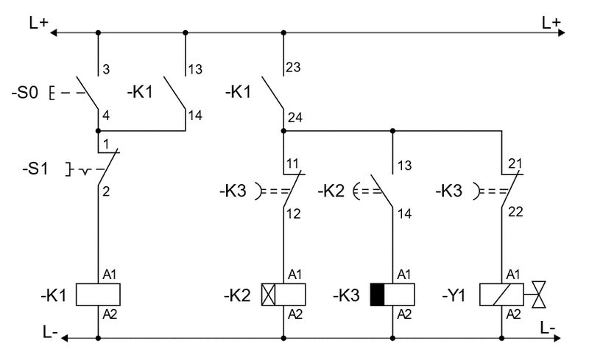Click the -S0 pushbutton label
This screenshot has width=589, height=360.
pos(25,92)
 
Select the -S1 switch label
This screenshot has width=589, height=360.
pos(35,169)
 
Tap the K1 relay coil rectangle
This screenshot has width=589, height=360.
pos(98,294)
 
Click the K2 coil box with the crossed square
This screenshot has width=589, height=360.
pos(283,294)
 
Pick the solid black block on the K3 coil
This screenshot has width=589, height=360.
pos(378,294)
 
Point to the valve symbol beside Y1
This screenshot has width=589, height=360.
pos(539,294)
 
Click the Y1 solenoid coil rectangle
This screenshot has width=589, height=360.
pos(501,294)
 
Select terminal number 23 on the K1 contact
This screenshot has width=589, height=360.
pos(293,67)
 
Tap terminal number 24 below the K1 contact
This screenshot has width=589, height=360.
pos(295,118)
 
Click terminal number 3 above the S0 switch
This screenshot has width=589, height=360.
pos(106,69)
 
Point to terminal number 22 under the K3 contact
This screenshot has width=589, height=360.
pos(516,212)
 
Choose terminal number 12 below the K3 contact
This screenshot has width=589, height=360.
pos(293,213)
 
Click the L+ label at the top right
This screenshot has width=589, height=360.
pos(551,23)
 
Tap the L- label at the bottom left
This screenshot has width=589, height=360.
pos(50,332)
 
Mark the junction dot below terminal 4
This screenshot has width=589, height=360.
pos(98,131)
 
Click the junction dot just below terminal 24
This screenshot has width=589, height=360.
pos(283,131)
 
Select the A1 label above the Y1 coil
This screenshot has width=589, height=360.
pos(513,275)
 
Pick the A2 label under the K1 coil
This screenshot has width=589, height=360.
pos(110,314)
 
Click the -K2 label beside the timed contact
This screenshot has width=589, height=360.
pos(331,191)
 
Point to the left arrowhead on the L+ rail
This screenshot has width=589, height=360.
pos(53,32)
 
